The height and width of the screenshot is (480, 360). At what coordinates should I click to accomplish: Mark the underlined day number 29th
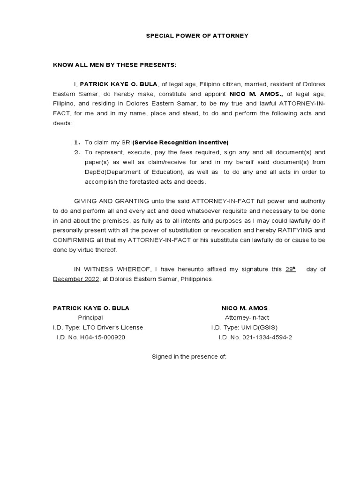291,270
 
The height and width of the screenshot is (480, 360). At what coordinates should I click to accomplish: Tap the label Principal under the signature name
90,318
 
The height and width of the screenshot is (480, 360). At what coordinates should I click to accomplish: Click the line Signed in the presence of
189,357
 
